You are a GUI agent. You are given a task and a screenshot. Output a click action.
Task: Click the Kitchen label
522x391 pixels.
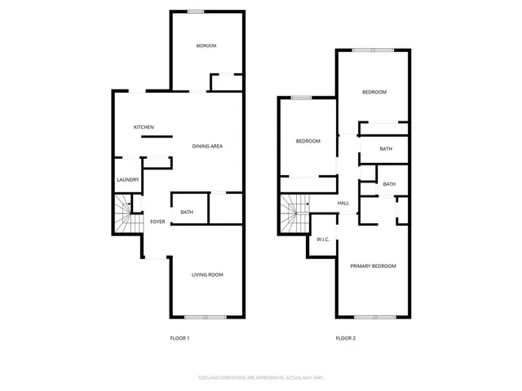coord(144,127)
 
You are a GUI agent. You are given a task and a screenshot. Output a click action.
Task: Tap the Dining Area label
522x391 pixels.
coord(207,147)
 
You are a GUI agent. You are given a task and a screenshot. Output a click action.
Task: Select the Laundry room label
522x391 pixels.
coord(128,180)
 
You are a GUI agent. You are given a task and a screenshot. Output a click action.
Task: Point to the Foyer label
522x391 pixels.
coord(157,222)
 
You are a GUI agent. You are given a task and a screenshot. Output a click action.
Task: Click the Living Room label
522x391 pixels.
coord(207,275)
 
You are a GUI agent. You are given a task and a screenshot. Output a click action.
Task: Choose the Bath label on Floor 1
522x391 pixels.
coord(187,213)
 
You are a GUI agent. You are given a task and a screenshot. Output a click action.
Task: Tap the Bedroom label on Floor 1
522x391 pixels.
coord(206,46)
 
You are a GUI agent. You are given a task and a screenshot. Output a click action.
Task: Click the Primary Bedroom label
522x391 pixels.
coord(373,266)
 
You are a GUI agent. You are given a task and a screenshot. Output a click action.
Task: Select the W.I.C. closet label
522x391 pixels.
coord(322,239)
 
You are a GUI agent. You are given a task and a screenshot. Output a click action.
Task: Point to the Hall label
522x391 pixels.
coord(343,204)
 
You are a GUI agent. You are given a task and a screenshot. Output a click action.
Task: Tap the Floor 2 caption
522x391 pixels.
coord(345,338)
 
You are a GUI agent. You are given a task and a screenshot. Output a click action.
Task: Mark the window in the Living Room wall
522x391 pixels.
coord(196,317)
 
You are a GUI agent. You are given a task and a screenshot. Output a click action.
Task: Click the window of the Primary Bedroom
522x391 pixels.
coord(376,316)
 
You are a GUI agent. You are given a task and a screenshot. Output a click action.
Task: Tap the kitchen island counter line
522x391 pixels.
coord(156,138)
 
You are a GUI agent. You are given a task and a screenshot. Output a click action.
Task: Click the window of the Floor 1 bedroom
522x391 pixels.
coord(196,11)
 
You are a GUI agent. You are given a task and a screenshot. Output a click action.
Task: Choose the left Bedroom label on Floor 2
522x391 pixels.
coord(307,141)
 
